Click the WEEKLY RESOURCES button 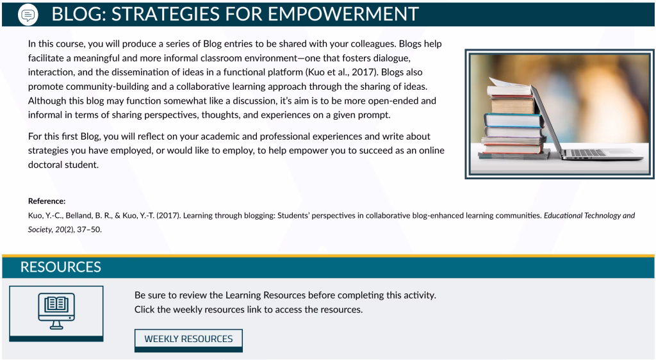coord(188,340)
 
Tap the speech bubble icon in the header coord(28,15)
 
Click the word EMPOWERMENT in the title coord(343,14)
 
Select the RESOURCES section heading coord(61,267)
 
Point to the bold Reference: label coord(47,201)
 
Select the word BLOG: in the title coord(79,14)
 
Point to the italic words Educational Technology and coord(589,216)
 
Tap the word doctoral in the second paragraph coord(44,165)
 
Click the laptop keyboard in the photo coord(588,153)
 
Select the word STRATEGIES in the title coord(165,14)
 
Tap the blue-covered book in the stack coord(514,120)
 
